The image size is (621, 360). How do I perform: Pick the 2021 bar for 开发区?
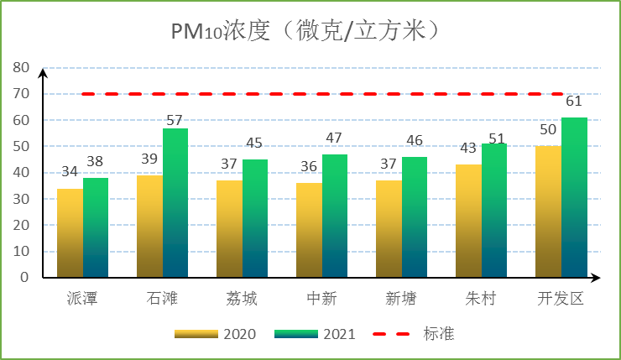click(x=574, y=197)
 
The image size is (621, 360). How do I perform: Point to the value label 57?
click(x=175, y=120)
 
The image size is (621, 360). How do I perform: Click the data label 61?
click(x=574, y=102)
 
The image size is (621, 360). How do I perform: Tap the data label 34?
click(x=70, y=172)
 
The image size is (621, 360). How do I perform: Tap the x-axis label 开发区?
click(x=561, y=300)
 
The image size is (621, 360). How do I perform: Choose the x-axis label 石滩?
click(x=162, y=300)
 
